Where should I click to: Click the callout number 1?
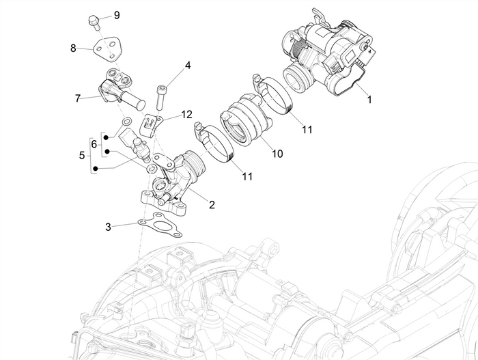369,99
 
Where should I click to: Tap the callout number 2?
212,204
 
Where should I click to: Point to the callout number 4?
187,67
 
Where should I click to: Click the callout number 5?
82,155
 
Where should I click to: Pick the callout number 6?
94,144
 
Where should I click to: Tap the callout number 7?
78,98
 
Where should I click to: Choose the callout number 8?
73,48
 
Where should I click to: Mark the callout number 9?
116,15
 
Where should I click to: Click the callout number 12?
187,114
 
